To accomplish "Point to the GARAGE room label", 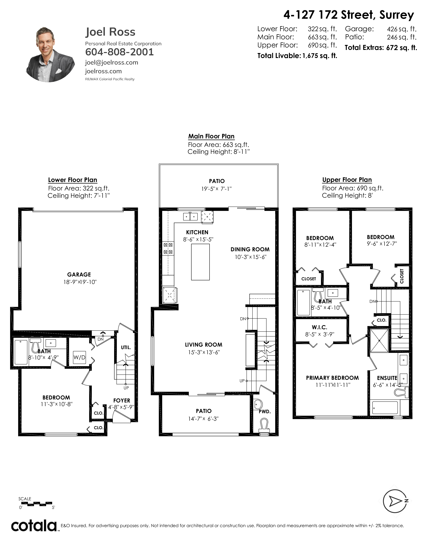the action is point(79,274).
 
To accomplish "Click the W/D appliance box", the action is point(79,357).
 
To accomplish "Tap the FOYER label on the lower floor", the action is point(122,400).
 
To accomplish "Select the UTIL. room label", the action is point(126,347).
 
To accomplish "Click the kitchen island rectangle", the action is point(200,262).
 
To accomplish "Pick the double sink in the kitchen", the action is point(190,216).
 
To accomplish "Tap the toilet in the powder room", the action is point(264,426).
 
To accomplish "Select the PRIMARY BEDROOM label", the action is point(332,378).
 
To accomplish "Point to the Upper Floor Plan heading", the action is point(347,180).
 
